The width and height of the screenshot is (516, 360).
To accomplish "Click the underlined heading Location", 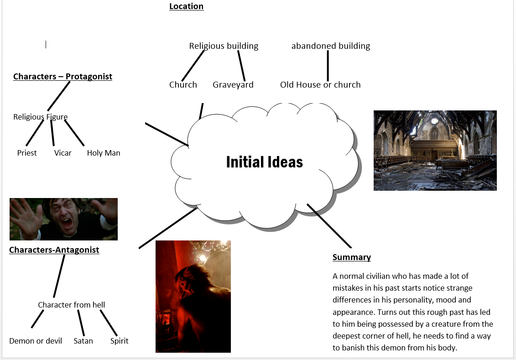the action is click(186, 6).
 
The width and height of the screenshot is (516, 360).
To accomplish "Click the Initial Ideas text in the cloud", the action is click(264, 162).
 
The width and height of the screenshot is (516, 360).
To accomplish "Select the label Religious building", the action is click(224, 46).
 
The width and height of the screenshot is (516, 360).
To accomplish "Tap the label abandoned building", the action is click(331, 46).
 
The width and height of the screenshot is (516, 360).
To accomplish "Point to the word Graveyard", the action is click(233, 85).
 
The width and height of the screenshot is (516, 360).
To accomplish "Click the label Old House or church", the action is click(320, 85).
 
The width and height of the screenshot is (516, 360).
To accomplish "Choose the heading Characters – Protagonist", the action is click(63, 77).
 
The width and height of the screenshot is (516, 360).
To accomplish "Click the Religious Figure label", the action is click(40, 117).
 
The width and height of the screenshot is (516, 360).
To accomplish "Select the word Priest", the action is click(27, 153).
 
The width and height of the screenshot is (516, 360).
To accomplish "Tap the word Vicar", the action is click(63, 153).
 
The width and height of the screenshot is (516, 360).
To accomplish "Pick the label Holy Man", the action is click(104, 153).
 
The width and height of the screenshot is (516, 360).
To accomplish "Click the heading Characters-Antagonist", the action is click(54, 250).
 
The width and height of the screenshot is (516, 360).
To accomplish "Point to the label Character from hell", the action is click(71, 305).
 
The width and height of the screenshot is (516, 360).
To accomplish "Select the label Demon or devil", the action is click(36, 341).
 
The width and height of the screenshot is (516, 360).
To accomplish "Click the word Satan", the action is click(83, 341).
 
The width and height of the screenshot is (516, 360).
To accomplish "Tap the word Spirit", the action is click(119, 341).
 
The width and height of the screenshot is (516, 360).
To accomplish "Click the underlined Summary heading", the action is click(351, 257).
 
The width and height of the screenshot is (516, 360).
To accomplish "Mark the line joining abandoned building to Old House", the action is click(328, 65).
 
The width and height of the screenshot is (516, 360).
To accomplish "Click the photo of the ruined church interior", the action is click(435, 150).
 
